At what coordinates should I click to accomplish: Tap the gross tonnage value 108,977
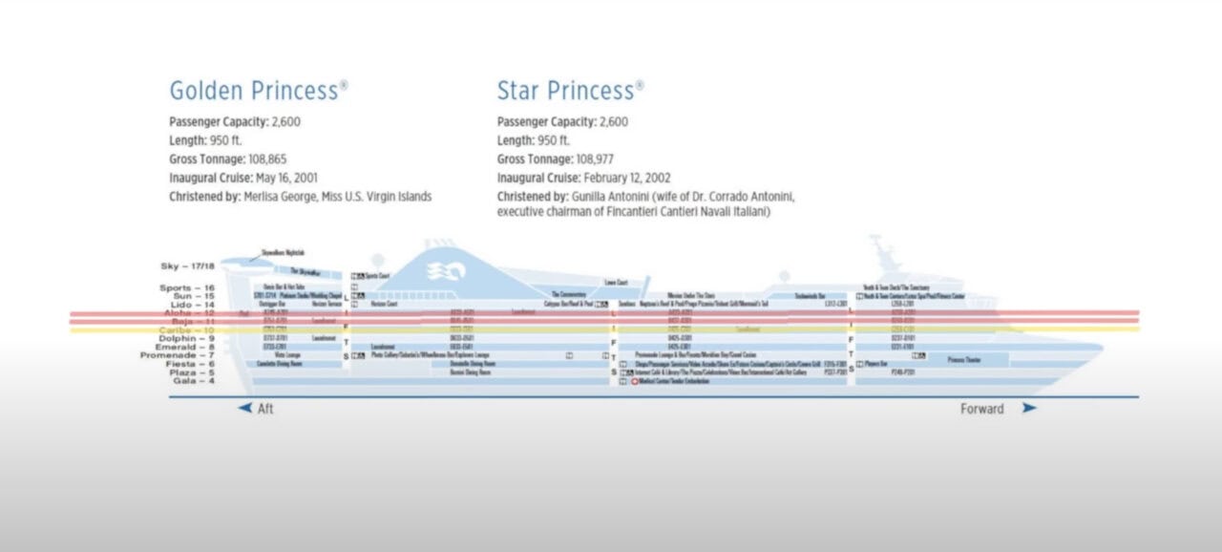click(x=616, y=159)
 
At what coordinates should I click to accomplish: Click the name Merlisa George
click(x=290, y=197)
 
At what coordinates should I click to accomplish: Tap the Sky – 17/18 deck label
click(x=188, y=265)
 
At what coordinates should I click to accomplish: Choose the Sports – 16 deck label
click(x=188, y=287)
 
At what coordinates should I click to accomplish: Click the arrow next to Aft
click(x=245, y=408)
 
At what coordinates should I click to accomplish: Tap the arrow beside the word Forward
click(x=1028, y=408)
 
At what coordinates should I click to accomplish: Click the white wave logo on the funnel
click(x=440, y=271)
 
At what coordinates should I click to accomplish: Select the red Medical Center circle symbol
click(x=636, y=381)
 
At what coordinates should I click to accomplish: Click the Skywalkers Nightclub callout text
click(x=283, y=252)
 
